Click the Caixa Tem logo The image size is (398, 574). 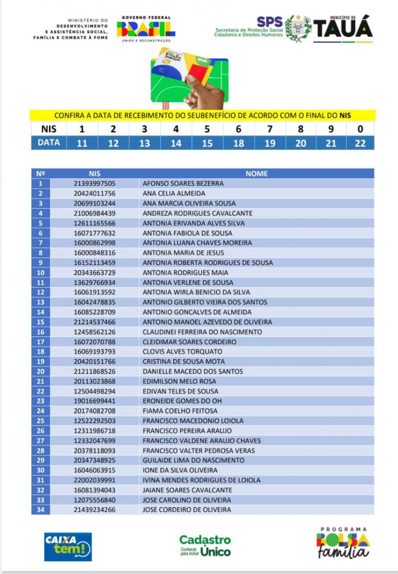pos(68,546)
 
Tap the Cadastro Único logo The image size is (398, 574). pos(205,546)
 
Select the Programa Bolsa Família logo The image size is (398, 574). pos(343,543)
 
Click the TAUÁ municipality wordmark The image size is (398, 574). pos(343,28)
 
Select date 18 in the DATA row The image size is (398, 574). pos(238,143)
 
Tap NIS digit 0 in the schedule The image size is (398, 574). pos(360,129)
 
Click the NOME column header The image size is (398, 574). pos(256,174)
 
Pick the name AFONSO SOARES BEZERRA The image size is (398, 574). pos(183,184)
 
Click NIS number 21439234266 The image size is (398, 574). pos(95,510)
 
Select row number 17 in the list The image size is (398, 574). pos(41,342)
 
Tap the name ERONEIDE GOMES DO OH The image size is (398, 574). pos(182,401)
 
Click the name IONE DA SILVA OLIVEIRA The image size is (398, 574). pos(180,470)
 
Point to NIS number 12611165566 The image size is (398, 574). pos(95,223)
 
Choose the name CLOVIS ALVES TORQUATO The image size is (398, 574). pos(182,352)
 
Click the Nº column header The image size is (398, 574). pos(41,174)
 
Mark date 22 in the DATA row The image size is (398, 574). pos(360,143)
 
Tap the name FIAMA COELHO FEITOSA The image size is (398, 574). pos(180,411)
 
